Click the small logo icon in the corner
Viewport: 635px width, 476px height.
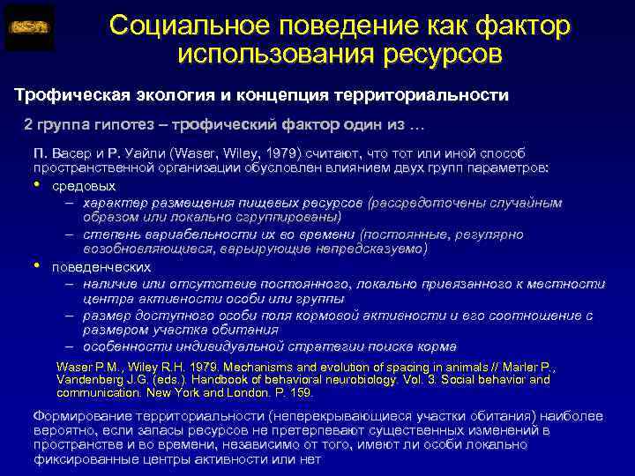coord(29,27)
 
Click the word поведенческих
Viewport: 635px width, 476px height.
coord(101,266)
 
